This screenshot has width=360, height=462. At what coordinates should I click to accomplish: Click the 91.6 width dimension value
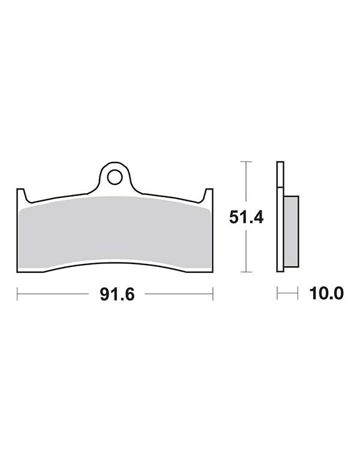(117, 295)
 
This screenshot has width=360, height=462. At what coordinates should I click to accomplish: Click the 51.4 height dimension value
(246, 218)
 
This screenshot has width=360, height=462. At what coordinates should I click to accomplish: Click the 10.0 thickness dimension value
(326, 293)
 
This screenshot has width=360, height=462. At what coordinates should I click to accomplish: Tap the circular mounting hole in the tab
(115, 177)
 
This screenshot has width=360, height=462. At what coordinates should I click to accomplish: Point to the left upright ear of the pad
(21, 196)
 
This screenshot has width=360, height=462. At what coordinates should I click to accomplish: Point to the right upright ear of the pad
(208, 196)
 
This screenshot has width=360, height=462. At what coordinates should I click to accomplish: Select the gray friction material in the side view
(292, 232)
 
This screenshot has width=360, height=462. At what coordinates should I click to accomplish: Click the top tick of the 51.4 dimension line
(246, 162)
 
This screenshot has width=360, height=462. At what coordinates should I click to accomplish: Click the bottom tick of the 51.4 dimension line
(246, 272)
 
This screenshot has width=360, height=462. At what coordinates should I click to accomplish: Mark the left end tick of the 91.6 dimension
(17, 294)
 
